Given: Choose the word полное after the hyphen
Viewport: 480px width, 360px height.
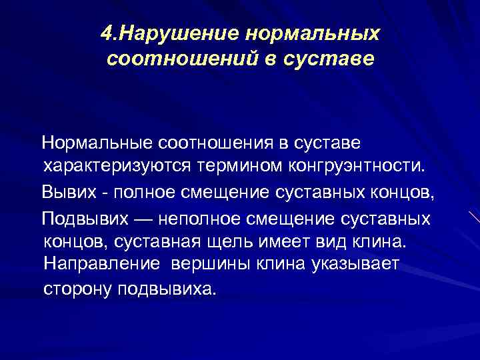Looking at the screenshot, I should click(x=144, y=193).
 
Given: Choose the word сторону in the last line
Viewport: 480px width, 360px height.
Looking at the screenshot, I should click(x=79, y=289).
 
